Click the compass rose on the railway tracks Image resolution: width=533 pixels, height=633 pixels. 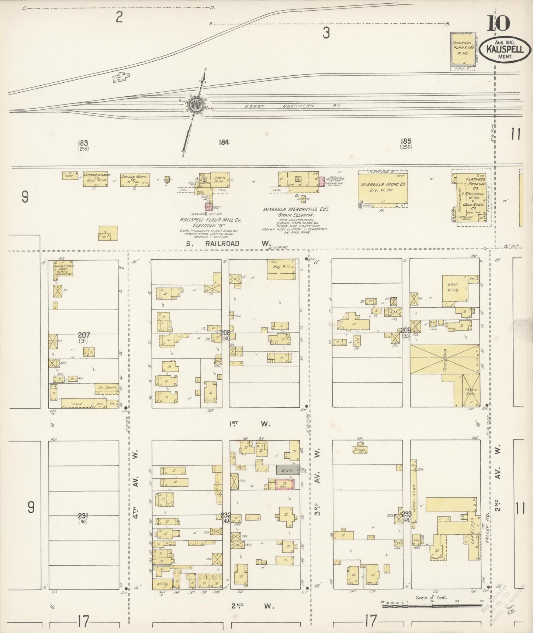pos(194,105)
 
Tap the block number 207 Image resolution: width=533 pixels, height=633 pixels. pos(84,335)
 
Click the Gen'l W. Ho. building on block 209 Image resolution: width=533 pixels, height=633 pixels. pos(455,290)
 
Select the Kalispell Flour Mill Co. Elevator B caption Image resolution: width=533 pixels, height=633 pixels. pos(210,222)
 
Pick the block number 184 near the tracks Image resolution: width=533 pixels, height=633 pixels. pos(224,142)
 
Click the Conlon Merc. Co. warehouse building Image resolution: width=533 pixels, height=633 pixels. pos(135,179)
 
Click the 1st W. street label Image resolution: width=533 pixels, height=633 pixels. pos(255,424)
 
